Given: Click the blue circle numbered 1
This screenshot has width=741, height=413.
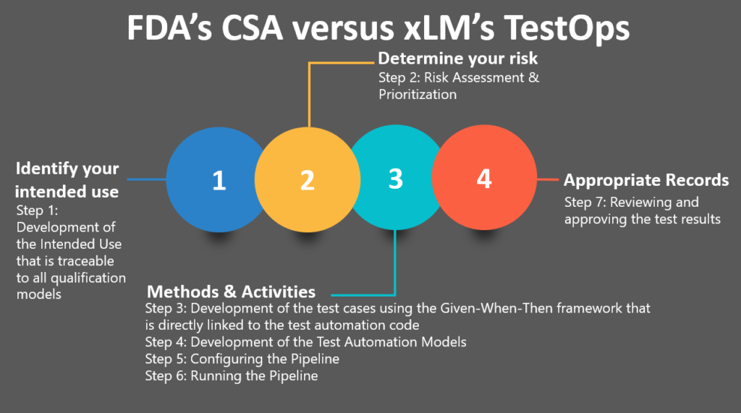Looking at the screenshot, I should point(210,180).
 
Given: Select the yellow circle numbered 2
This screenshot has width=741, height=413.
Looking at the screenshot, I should point(308,180).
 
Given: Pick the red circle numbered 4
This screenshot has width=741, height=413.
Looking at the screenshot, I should point(484,179).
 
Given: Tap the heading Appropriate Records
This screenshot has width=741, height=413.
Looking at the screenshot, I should point(645,180).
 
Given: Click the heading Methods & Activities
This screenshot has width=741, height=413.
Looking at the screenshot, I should point(231,291).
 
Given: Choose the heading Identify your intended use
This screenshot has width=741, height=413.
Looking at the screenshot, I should point(67,180).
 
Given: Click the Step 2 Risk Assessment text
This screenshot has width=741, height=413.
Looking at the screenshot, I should point(458,85).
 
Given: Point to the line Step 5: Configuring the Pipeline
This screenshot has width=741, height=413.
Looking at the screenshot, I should point(242,359).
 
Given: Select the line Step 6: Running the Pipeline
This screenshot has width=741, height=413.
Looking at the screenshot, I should point(231,376).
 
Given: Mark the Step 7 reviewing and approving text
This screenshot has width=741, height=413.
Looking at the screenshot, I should point(642,210).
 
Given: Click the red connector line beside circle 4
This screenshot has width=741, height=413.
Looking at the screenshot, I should point(546,179).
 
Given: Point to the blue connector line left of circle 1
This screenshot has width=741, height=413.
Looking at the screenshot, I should point(145,179).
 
